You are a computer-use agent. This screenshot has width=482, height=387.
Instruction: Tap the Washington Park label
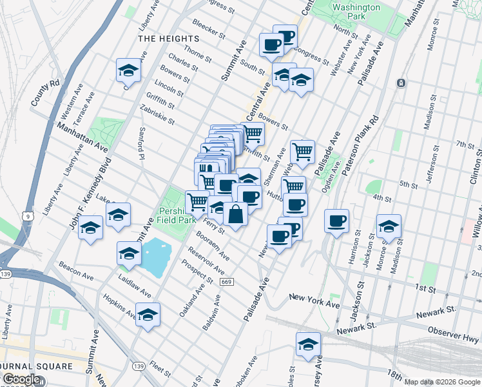356,12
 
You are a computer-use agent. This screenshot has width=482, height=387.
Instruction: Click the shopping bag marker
236,213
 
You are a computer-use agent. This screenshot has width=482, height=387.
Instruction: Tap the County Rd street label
45,92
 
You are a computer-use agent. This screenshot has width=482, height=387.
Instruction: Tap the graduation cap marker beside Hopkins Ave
148,315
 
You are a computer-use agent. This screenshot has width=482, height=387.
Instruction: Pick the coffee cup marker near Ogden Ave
336,221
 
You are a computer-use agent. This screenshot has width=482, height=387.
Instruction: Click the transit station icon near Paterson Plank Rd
401,83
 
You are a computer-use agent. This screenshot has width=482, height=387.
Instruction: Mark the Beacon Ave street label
77,272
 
